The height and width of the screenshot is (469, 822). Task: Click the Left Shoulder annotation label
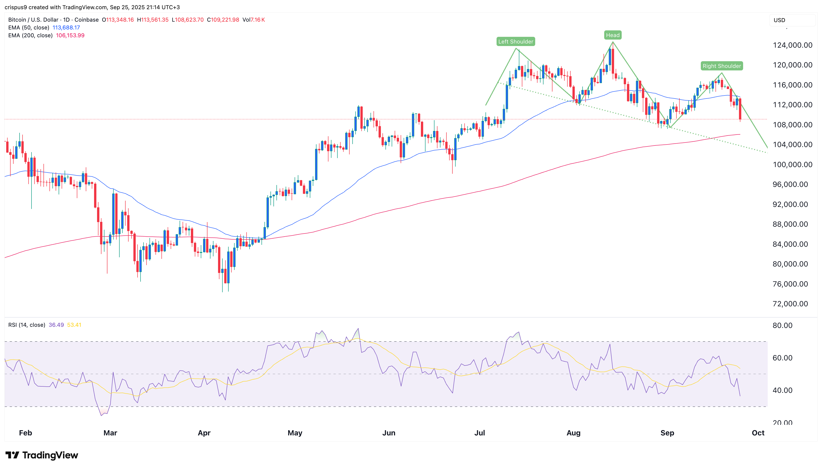(x=516, y=42)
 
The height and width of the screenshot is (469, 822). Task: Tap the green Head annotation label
(x=612, y=35)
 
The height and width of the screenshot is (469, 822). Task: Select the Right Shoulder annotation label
(x=721, y=66)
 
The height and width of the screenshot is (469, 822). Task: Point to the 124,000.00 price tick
(x=792, y=45)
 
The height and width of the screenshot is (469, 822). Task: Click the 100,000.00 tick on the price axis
(x=792, y=165)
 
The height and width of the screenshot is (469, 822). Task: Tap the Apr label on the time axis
(x=204, y=433)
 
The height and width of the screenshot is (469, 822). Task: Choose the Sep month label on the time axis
(x=667, y=433)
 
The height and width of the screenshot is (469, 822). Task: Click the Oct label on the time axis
(x=758, y=433)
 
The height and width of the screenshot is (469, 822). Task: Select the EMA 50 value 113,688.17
(x=66, y=28)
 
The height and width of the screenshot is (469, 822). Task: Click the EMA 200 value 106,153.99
(x=70, y=35)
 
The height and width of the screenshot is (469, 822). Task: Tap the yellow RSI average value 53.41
(x=74, y=325)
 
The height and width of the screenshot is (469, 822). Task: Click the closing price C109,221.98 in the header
(x=223, y=20)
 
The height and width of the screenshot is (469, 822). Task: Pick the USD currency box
(x=792, y=20)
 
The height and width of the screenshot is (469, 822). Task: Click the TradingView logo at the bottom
(x=42, y=455)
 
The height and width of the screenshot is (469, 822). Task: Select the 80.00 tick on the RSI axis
(x=782, y=325)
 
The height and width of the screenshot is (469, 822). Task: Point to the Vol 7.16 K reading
(x=254, y=20)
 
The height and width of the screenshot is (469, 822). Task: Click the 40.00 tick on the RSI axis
(x=782, y=390)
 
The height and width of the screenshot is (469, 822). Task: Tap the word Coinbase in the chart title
(x=86, y=20)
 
